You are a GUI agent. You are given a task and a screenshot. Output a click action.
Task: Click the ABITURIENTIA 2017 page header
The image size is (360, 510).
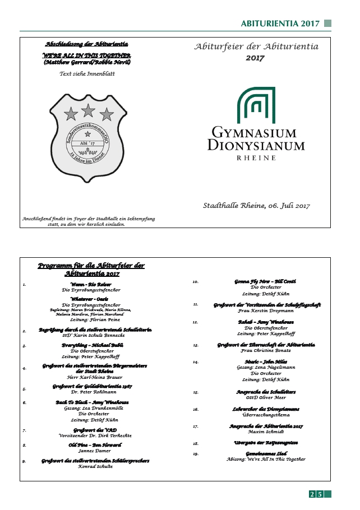click(x=280, y=24)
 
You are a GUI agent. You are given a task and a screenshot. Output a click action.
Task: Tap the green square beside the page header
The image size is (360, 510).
click(x=328, y=24)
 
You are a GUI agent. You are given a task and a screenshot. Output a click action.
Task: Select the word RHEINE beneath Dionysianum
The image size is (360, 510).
click(x=256, y=158)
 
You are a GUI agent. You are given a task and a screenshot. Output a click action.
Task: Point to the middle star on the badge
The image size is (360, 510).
click(x=88, y=110)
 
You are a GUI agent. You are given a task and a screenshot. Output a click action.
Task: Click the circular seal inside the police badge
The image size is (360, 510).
click(x=87, y=144)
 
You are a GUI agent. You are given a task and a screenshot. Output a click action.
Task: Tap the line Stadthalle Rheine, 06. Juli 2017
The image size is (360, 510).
click(x=256, y=206)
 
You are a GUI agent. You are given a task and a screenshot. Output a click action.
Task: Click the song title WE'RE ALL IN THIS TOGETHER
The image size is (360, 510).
click(x=87, y=55)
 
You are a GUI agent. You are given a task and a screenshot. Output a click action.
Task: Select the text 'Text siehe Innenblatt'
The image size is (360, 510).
click(x=87, y=73)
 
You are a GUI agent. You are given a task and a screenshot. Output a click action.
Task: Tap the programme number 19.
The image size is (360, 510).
click(x=196, y=453)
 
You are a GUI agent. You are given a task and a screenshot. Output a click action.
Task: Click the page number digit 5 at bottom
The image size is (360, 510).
click(x=320, y=494)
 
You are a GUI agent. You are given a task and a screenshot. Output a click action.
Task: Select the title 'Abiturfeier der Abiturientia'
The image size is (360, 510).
click(x=256, y=47)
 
